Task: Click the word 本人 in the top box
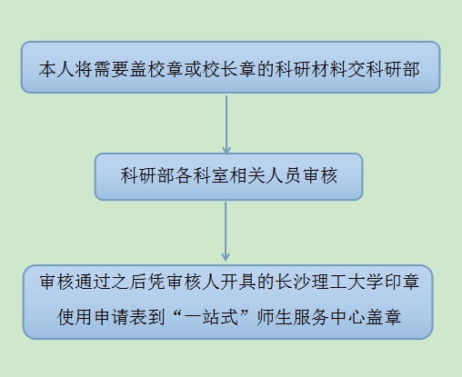56,69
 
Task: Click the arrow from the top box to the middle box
226,124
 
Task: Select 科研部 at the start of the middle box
147,175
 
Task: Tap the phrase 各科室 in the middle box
202,175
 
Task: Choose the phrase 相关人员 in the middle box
266,175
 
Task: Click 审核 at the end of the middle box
320,175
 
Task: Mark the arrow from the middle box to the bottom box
226,232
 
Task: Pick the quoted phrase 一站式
211,317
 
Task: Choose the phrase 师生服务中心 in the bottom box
311,317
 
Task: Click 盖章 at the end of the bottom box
384,317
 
